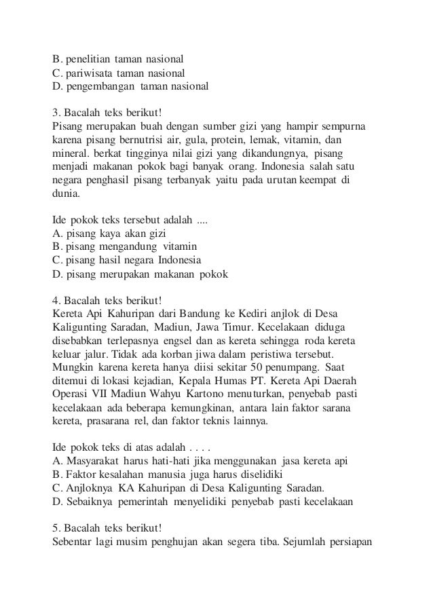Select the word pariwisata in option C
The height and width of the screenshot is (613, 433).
click(88, 73)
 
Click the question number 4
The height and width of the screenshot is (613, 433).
click(55, 299)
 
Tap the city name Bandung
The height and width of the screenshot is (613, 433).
click(197, 313)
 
